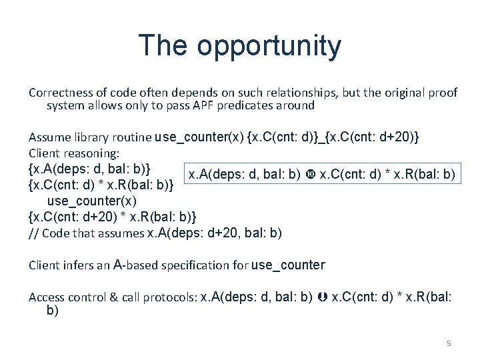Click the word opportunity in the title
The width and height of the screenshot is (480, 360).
tap(269, 47)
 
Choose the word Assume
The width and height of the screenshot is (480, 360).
tap(47, 137)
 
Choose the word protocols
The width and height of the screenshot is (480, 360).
tap(171, 297)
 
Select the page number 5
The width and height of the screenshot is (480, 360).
tap(449, 343)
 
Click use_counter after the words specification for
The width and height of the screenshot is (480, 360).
tap(288, 265)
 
